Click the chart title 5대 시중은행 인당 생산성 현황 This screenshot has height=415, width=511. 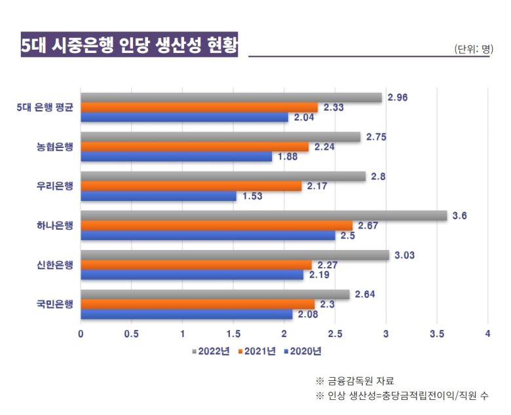click(129, 45)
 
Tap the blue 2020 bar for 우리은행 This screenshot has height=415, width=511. click(158, 196)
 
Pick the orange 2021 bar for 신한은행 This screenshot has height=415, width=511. click(196, 265)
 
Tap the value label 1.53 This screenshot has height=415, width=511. click(253, 196)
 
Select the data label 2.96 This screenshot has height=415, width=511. click(398, 98)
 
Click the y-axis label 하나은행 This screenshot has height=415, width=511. click(55, 226)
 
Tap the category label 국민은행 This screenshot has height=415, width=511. click(55, 304)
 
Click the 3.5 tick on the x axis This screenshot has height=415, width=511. click(437, 333)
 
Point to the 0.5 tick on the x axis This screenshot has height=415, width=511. click(131, 333)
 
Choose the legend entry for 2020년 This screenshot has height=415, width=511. click(302, 352)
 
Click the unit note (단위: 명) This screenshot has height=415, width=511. click(473, 48)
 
